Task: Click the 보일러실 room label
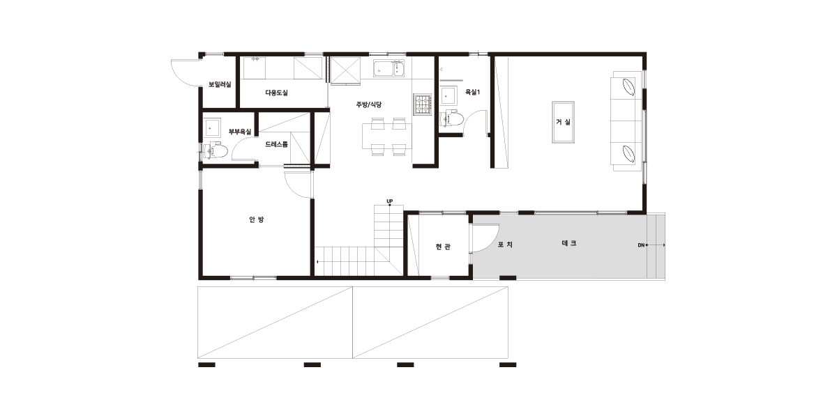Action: [220, 84]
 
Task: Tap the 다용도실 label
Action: [276, 93]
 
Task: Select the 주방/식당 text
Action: [368, 104]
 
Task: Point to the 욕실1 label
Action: [472, 92]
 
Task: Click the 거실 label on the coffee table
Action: [563, 122]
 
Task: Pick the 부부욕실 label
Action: [240, 132]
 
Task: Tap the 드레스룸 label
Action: [276, 144]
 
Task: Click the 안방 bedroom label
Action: [257, 219]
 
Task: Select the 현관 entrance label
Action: [443, 247]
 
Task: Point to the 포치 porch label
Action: [505, 245]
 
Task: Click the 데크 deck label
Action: [569, 243]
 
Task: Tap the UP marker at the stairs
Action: [390, 201]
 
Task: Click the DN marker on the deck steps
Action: [641, 245]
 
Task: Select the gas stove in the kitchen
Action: [422, 104]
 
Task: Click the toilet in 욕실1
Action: [452, 119]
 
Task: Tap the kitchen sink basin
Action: [389, 69]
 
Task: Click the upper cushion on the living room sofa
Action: [628, 87]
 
